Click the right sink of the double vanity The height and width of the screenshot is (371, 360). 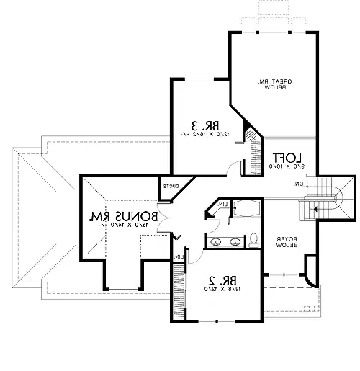(235, 241)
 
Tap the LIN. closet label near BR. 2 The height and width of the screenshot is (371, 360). (179, 255)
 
